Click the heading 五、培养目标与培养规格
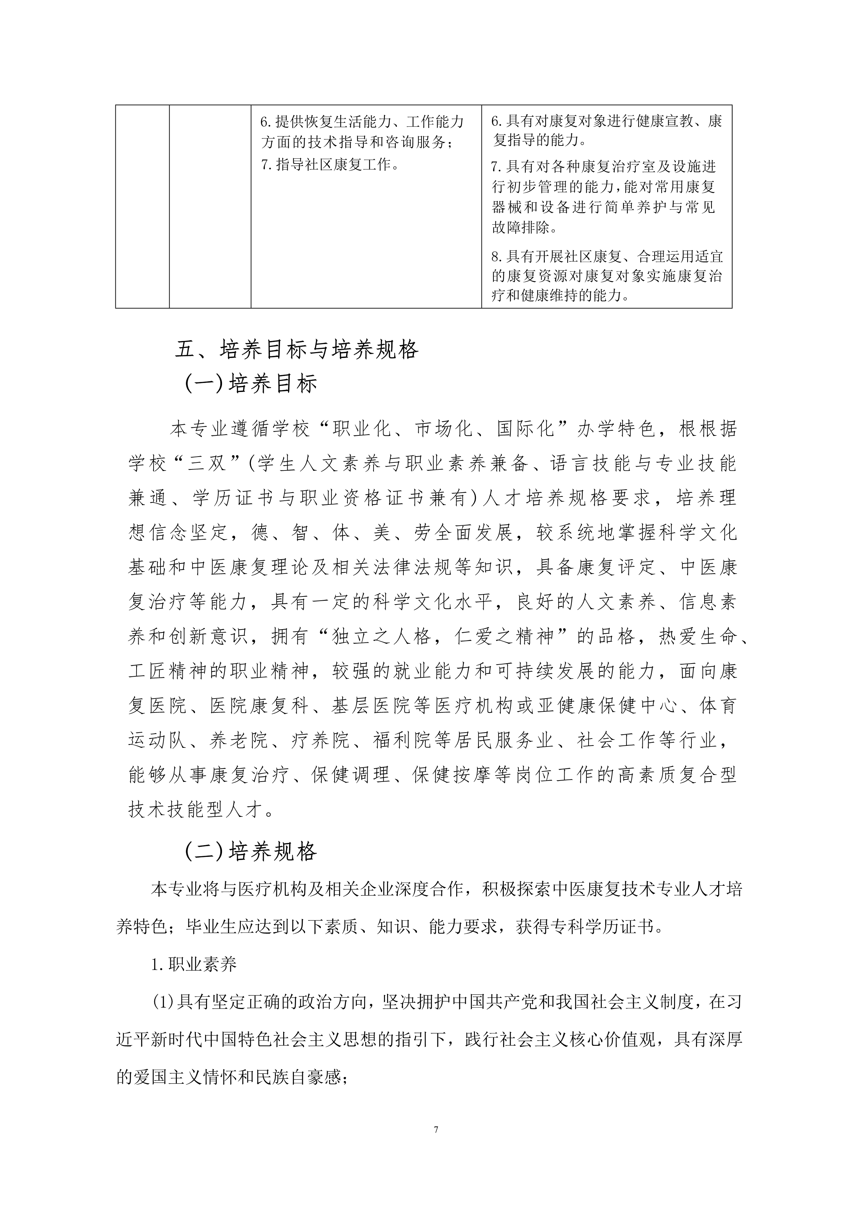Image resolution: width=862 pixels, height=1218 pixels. click(297, 350)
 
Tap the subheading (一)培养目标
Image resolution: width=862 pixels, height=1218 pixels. click(251, 384)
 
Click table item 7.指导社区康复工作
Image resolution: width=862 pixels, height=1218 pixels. click(330, 165)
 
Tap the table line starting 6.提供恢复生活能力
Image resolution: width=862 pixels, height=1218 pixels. click(362, 122)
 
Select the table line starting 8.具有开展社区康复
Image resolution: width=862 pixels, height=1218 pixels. click(606, 257)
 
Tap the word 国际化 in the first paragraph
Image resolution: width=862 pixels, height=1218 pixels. click(525, 429)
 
